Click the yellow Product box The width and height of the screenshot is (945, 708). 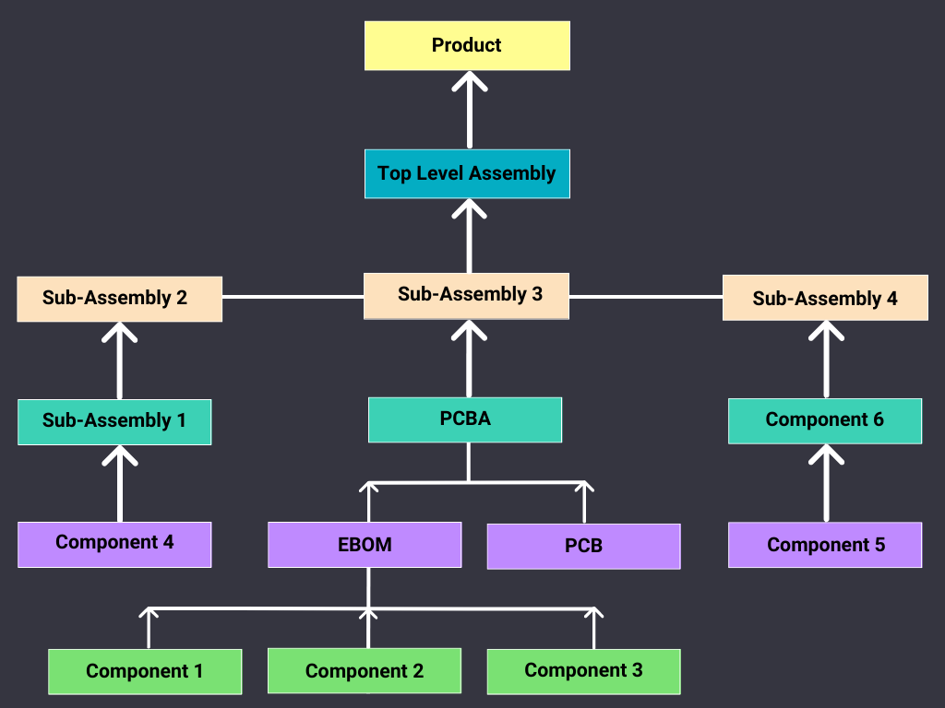[467, 46]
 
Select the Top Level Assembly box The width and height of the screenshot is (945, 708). [467, 173]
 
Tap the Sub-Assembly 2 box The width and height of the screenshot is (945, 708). [119, 299]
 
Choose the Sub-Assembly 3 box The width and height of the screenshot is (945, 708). [467, 295]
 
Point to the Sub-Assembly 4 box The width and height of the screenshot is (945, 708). [825, 299]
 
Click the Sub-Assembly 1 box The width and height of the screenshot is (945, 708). [114, 421]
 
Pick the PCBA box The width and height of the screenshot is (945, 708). [465, 419]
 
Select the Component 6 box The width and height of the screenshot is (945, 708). [825, 420]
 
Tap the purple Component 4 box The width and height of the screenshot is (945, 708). [114, 544]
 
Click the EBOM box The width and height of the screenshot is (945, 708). [365, 545]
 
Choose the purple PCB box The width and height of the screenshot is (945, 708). [583, 546]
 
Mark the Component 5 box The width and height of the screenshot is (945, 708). [825, 545]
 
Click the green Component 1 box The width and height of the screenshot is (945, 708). [145, 671]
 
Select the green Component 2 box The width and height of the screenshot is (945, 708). [365, 671]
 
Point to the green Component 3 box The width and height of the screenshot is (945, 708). [583, 671]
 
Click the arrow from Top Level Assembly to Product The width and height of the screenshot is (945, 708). [469, 111]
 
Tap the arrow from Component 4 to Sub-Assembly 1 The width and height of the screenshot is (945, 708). [119, 484]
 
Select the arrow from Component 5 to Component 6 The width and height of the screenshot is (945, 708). [826, 484]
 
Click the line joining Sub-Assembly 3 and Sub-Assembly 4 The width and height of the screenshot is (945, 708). [646, 297]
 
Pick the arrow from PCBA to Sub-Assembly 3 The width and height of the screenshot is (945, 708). [469, 360]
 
